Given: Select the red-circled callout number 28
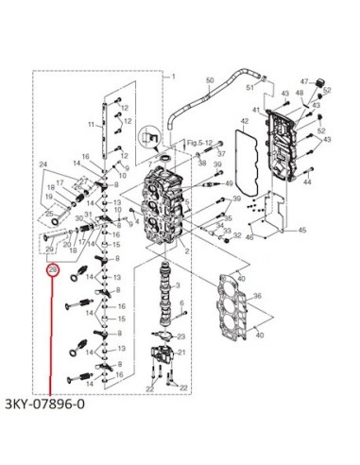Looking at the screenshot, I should [x=53, y=270].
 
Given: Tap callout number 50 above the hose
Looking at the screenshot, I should [x=210, y=81].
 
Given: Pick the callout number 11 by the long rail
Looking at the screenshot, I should [x=92, y=124].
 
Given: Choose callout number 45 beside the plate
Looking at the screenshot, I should [x=301, y=230].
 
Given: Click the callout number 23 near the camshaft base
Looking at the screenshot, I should [x=181, y=337].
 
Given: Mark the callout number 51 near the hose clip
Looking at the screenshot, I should [x=250, y=88].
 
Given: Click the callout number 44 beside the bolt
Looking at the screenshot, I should [x=308, y=182].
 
